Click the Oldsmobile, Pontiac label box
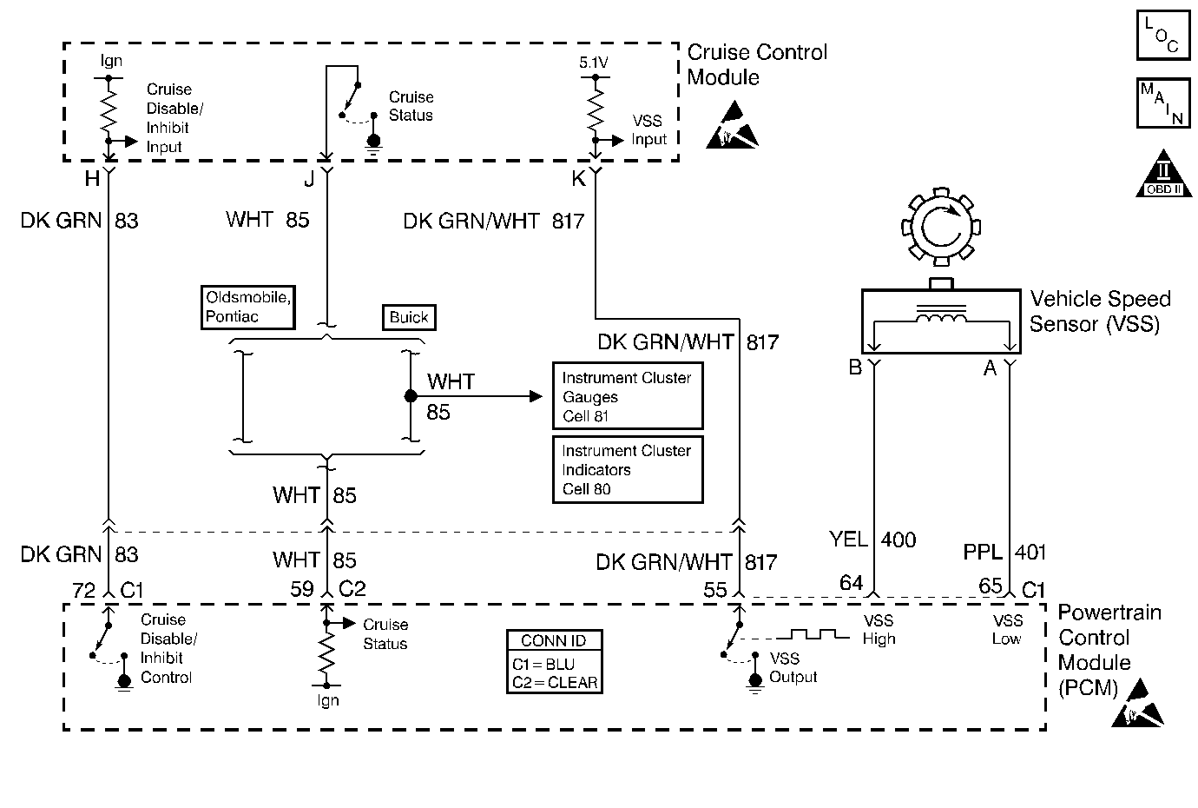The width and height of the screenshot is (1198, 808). pyautogui.click(x=247, y=307)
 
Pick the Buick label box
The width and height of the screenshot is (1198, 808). pyautogui.click(x=408, y=317)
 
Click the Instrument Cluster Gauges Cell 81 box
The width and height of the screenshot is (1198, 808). pyautogui.click(x=627, y=396)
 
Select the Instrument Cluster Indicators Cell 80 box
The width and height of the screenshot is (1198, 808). pyautogui.click(x=627, y=469)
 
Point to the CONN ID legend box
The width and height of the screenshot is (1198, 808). pyautogui.click(x=554, y=661)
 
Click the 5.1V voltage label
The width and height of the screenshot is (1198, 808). pyautogui.click(x=595, y=63)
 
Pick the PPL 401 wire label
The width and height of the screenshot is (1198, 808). pyautogui.click(x=1004, y=552)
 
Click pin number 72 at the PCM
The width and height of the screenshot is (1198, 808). pyautogui.click(x=83, y=591)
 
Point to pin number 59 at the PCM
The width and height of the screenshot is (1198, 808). pyautogui.click(x=301, y=589)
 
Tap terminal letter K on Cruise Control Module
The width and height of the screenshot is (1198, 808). pyautogui.click(x=577, y=178)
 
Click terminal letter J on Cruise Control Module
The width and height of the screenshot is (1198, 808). pyautogui.click(x=308, y=178)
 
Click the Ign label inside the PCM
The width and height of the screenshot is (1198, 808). pyautogui.click(x=327, y=700)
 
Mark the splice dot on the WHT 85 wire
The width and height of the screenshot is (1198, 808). pyautogui.click(x=410, y=396)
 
